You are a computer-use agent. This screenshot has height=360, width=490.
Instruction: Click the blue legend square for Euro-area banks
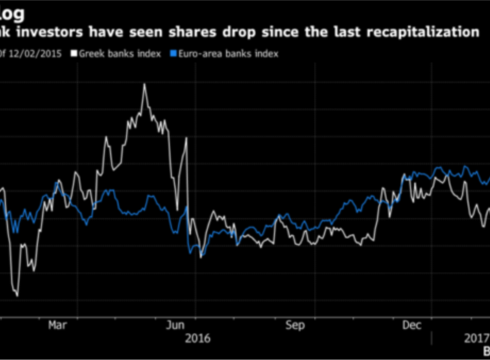(173, 54)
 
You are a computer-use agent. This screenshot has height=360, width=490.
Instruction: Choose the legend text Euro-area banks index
(227, 54)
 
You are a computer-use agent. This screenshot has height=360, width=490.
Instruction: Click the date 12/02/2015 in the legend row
(34, 54)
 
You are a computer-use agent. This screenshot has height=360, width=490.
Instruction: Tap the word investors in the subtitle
(53, 32)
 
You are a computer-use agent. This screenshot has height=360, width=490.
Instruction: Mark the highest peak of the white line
(144, 85)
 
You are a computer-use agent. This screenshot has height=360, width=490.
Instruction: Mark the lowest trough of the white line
(16, 295)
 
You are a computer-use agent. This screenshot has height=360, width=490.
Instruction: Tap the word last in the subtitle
(351, 32)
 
